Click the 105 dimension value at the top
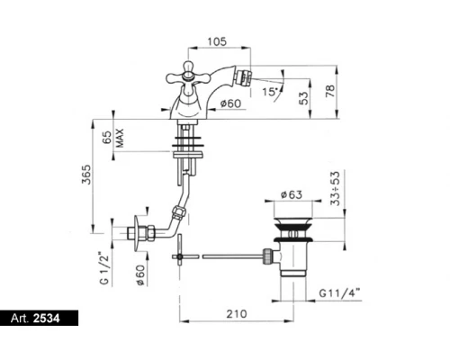click(217, 41)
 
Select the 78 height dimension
click(329, 91)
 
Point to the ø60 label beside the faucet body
click(230, 103)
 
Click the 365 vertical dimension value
click(86, 175)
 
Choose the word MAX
click(120, 138)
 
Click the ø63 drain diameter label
click(292, 194)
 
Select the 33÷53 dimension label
click(336, 188)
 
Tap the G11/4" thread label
click(339, 292)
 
